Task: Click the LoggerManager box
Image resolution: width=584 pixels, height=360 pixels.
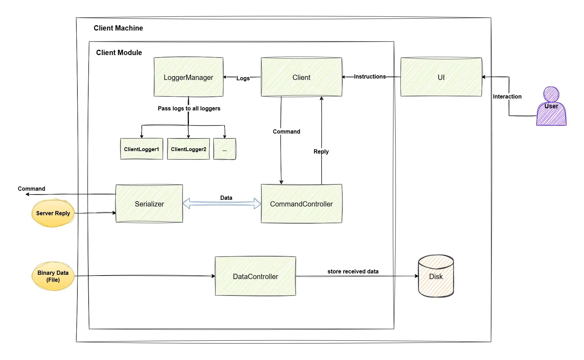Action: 188,77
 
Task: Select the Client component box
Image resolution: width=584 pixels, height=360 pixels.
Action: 301,77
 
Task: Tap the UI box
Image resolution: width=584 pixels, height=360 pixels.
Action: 441,77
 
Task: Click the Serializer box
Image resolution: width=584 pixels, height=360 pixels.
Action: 149,204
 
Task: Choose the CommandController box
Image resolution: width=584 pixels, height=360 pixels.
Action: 301,204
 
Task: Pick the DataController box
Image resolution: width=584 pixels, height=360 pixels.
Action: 255,276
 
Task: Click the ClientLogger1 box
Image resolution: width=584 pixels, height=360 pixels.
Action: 142,149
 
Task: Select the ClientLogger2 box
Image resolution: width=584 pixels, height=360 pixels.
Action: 188,149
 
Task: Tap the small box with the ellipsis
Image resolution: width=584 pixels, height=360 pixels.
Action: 225,149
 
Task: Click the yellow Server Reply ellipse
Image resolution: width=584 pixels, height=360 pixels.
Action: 53,213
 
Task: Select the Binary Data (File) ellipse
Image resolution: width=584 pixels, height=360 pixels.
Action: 53,276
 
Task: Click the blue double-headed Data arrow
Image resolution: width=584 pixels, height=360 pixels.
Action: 222,204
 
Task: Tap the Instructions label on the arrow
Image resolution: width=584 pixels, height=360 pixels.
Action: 370,76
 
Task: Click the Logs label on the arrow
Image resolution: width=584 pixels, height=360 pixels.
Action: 243,78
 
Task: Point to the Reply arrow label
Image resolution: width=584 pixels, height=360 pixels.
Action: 321,151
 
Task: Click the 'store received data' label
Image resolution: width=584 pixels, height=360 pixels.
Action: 353,271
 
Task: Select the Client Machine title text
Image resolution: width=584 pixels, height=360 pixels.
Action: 118,28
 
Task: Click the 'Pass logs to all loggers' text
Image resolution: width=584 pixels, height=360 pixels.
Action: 189,108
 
